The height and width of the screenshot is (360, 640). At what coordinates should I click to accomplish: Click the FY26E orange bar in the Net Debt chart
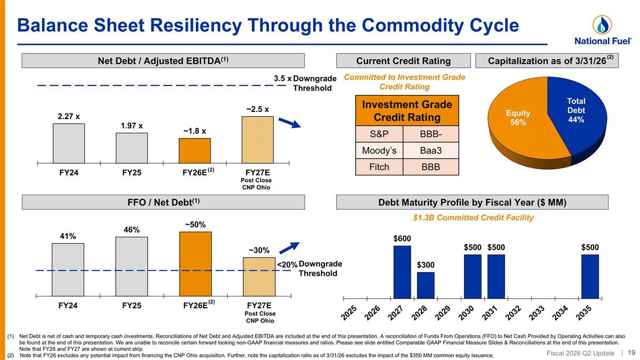coord(195,150)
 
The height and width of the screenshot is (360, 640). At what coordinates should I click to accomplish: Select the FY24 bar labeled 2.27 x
coord(69,143)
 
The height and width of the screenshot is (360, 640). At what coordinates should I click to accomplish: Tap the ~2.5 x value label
coord(258,109)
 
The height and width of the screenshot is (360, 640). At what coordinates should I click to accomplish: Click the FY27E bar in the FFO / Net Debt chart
coord(259,277)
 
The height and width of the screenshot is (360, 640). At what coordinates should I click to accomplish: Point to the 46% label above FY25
coord(131,230)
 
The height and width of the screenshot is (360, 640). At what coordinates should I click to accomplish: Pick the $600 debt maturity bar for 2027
coord(402,272)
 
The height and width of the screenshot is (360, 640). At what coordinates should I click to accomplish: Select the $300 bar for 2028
coord(426,285)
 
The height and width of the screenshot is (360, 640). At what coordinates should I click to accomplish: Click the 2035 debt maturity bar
coord(590,276)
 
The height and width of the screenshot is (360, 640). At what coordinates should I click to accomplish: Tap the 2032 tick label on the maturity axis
coord(514,313)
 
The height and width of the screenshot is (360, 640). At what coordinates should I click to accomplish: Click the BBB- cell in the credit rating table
coord(430,134)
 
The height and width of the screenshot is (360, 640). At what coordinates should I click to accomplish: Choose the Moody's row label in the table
coord(379,150)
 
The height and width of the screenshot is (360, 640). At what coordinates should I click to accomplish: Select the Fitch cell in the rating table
coord(379,167)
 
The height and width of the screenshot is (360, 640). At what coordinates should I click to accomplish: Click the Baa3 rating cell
coord(430,150)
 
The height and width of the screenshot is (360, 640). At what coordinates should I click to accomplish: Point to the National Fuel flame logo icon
coord(602,25)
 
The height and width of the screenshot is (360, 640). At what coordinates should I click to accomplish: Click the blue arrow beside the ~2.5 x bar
coord(290,123)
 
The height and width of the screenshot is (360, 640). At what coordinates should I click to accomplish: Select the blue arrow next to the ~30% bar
coord(289,248)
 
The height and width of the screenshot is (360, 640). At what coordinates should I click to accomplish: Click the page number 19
coord(631,353)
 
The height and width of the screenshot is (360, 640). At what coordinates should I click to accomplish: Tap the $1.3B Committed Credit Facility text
coord(473,218)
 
